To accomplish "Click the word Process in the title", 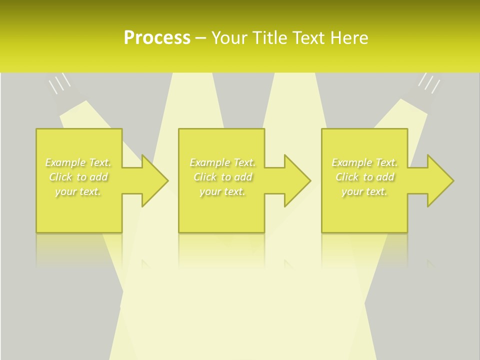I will click(157, 38).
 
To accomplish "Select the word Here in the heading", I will click(348, 38).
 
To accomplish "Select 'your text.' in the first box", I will click(78, 191).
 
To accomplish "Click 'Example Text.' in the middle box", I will click(222, 162).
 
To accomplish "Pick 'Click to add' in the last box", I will click(365, 177).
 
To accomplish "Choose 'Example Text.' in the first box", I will click(78, 162).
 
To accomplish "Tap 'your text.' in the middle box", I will click(222, 191).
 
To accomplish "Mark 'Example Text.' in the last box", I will click(365, 162).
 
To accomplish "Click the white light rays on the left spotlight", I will click(59, 83).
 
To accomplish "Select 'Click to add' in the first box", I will click(78, 177).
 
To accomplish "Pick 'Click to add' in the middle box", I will click(222, 177).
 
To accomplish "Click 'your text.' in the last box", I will click(365, 191).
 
